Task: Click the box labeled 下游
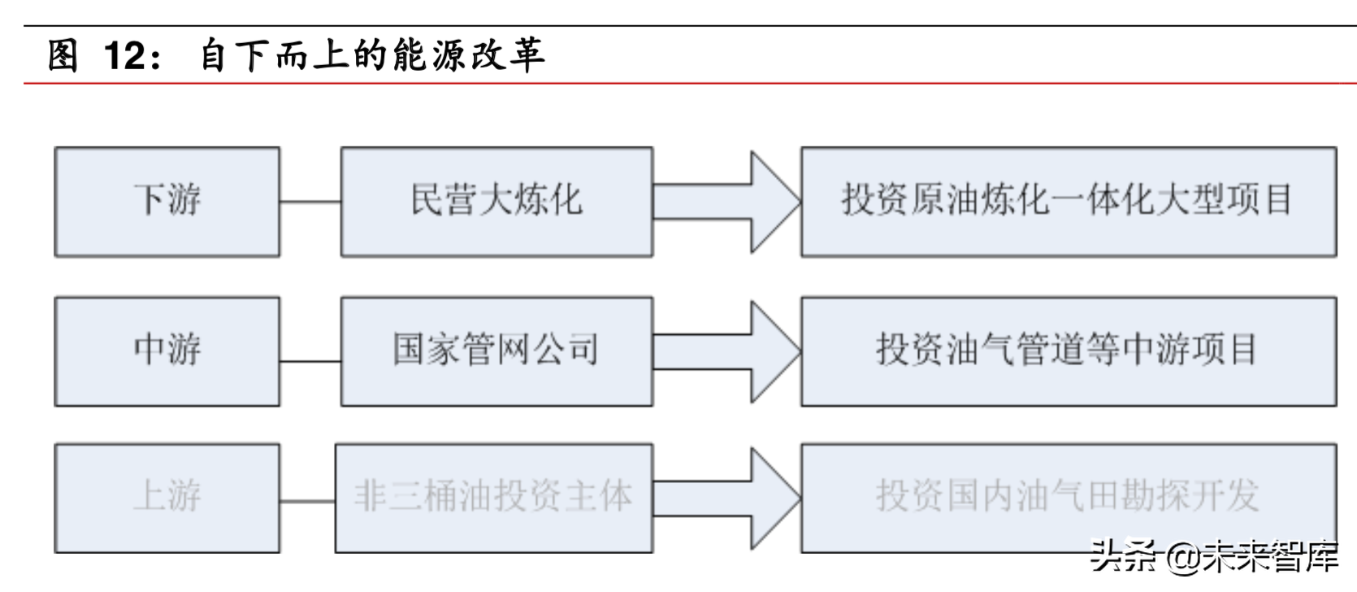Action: click(167, 202)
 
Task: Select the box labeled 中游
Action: click(167, 350)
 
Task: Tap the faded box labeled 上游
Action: click(167, 498)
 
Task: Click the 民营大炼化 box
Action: click(496, 202)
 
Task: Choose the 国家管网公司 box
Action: click(496, 350)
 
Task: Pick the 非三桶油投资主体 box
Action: click(494, 498)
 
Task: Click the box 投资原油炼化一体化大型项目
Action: click(1068, 202)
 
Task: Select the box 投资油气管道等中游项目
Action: click(1068, 350)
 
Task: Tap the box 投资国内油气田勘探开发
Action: click(1068, 498)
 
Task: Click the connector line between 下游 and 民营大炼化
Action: click(310, 202)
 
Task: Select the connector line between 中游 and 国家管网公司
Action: click(310, 361)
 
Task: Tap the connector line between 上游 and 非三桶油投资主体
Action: click(308, 502)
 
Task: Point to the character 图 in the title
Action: click(63, 55)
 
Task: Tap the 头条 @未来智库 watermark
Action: click(1213, 557)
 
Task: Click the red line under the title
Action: click(691, 83)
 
